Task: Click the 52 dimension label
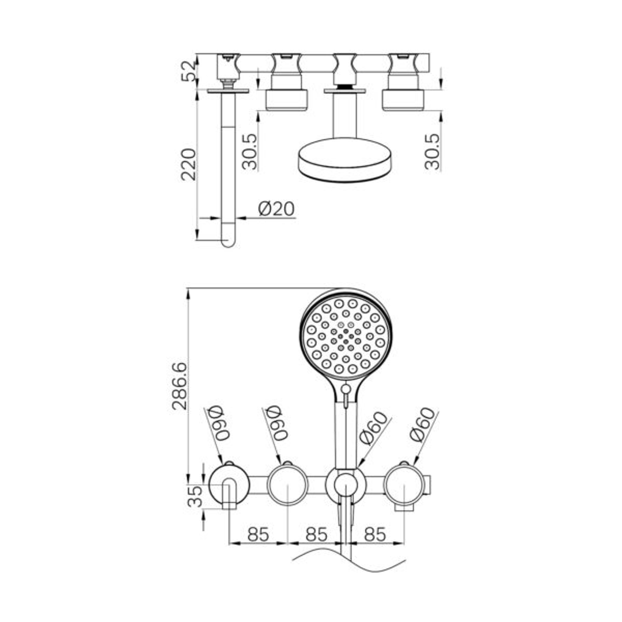tap(188, 70)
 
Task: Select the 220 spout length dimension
tap(188, 164)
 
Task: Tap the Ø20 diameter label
tap(276, 208)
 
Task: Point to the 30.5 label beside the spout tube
tap(250, 151)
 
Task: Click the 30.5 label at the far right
tap(432, 151)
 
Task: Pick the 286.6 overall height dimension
tap(180, 386)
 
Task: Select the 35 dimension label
tap(195, 496)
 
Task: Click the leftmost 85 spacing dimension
tap(257, 534)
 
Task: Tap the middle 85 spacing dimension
tap(316, 534)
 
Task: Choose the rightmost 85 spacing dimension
tap(374, 534)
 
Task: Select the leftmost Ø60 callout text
tap(219, 423)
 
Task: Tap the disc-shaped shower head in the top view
tap(344, 160)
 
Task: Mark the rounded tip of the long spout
tap(229, 242)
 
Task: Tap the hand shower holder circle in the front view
tap(345, 486)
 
